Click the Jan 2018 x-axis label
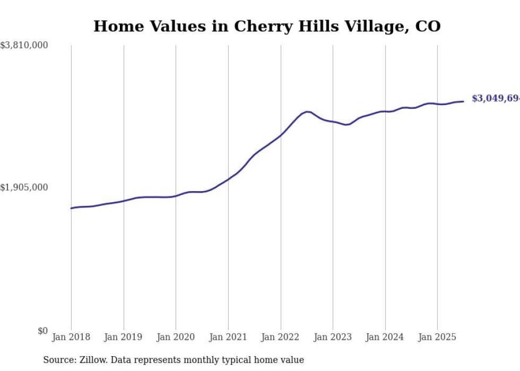[x=71, y=337]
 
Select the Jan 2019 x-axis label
[x=123, y=337]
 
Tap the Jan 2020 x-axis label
[x=176, y=337]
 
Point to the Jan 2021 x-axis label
[x=228, y=337]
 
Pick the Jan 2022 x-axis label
[x=280, y=337]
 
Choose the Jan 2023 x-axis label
[x=333, y=337]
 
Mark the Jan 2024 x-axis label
[x=385, y=337]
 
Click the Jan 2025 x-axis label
[x=437, y=337]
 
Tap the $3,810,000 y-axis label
[x=24, y=46]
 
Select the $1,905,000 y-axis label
[x=24, y=187]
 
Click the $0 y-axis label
[x=42, y=331]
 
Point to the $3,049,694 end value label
[x=496, y=99]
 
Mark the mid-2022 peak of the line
[x=307, y=111]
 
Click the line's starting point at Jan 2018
[x=71, y=208]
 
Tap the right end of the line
[x=463, y=101]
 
